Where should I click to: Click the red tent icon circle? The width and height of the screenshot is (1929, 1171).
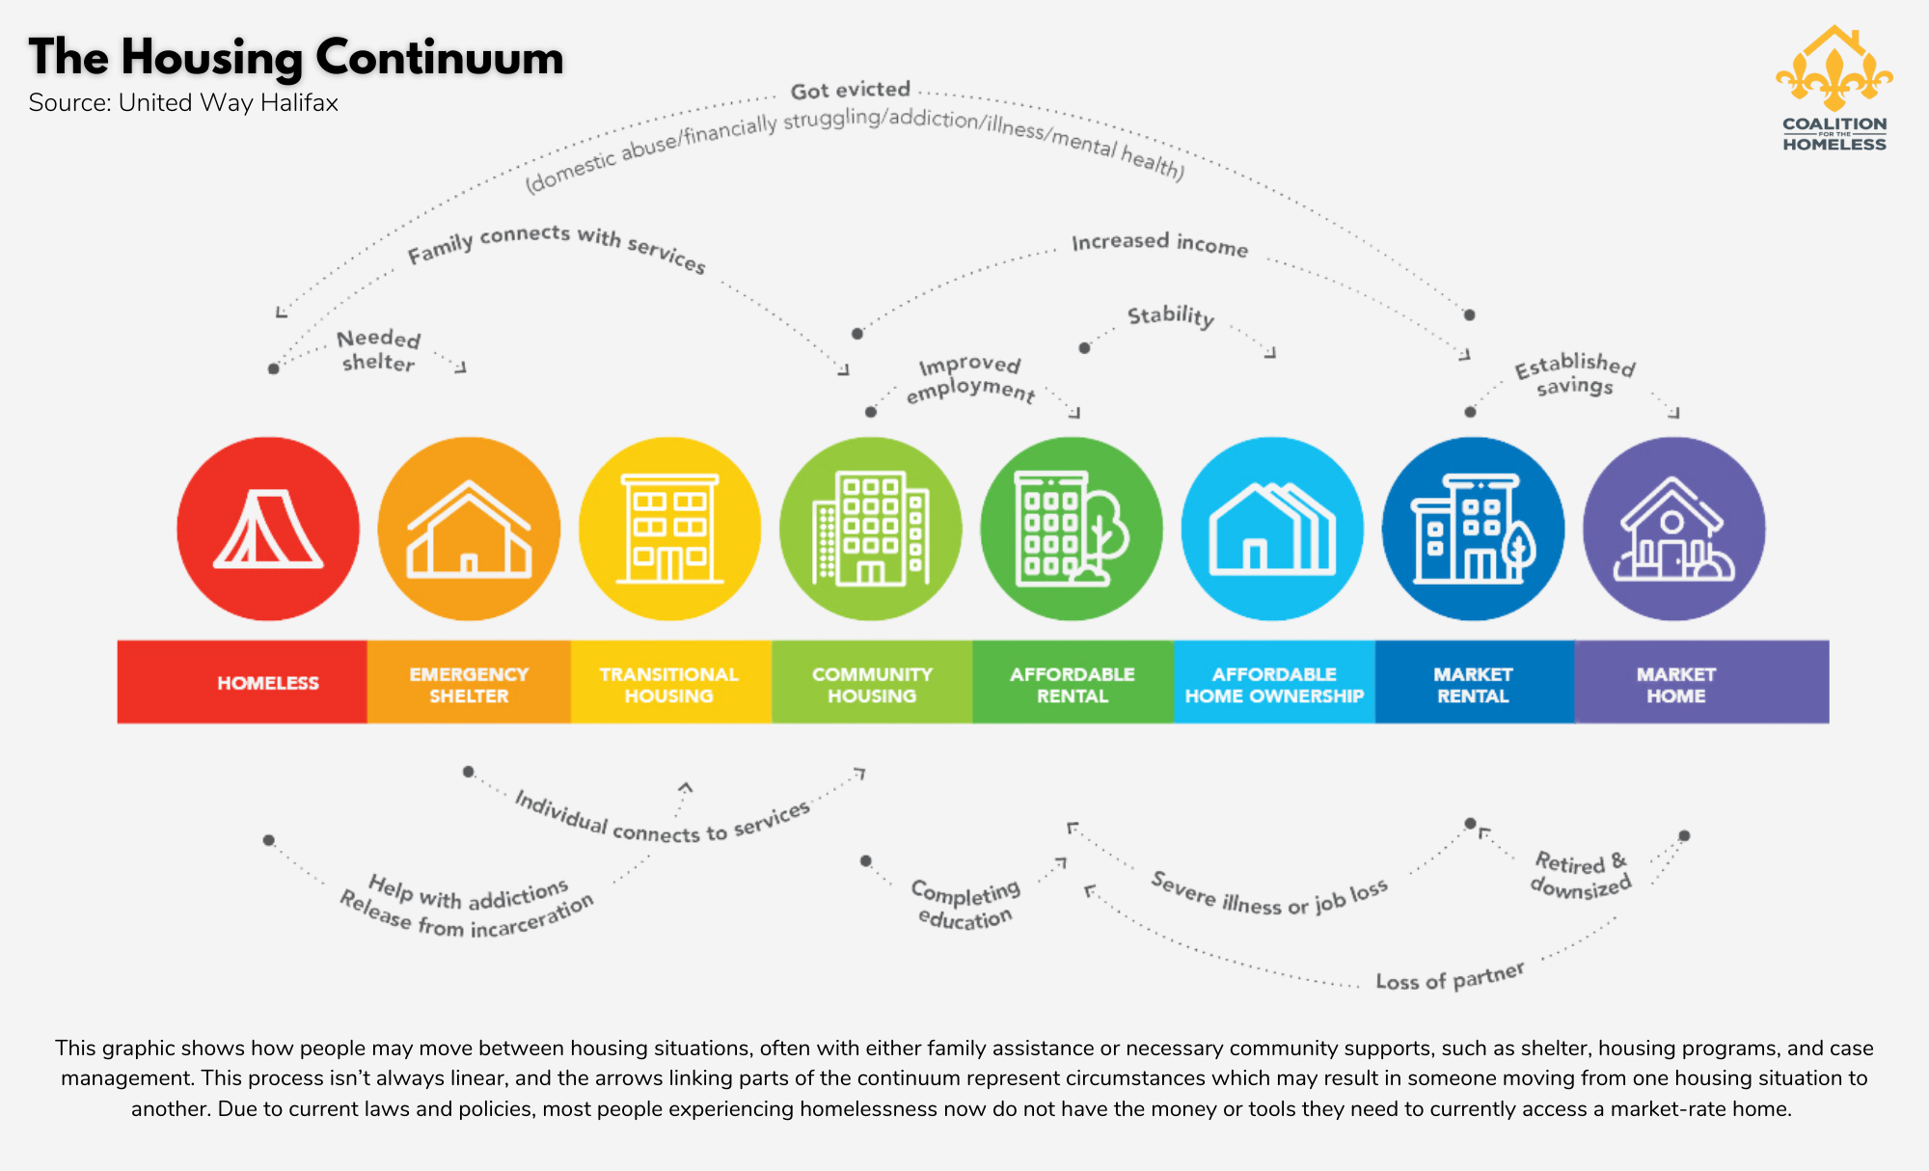click(x=268, y=529)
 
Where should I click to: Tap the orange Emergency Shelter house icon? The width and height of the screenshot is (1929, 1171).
click(x=469, y=529)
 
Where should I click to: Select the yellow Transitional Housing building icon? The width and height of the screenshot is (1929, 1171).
click(x=669, y=529)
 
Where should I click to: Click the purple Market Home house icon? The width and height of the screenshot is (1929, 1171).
click(x=1674, y=529)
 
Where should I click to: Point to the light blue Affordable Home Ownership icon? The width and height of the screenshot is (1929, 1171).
click(x=1272, y=529)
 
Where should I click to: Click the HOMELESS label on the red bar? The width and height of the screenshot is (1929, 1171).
click(x=268, y=683)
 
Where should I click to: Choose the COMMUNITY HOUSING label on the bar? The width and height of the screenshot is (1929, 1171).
click(x=872, y=685)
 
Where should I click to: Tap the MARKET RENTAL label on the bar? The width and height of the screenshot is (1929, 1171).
click(x=1473, y=685)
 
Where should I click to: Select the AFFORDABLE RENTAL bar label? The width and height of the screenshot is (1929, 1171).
click(x=1073, y=685)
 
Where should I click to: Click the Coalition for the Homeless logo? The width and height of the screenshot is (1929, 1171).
click(x=1834, y=89)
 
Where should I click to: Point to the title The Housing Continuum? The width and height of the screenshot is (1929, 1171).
click(x=296, y=57)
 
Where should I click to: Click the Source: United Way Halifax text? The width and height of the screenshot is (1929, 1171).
click(x=183, y=103)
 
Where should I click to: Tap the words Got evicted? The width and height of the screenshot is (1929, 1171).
click(x=851, y=90)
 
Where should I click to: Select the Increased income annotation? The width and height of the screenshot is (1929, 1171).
click(x=1160, y=243)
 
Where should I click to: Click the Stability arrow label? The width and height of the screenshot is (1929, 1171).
click(x=1171, y=315)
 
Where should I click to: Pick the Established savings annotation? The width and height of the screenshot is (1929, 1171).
click(x=1575, y=373)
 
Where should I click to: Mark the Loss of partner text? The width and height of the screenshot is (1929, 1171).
click(x=1451, y=976)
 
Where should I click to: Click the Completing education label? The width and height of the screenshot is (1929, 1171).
click(x=965, y=904)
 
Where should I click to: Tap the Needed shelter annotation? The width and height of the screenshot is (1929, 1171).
click(x=379, y=350)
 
